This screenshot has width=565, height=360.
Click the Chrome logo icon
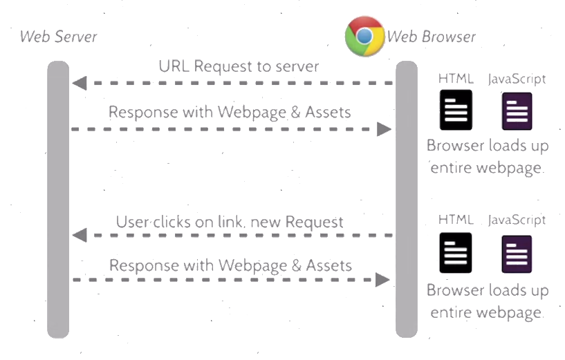pyautogui.click(x=364, y=36)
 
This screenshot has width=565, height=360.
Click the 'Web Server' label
pyautogui.click(x=58, y=37)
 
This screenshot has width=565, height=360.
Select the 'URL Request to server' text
pyautogui.click(x=239, y=66)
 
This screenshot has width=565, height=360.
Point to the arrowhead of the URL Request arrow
pyautogui.click(x=79, y=84)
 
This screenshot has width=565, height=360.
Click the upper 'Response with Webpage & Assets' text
pyautogui.click(x=230, y=111)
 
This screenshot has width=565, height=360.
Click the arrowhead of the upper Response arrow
pyautogui.click(x=384, y=129)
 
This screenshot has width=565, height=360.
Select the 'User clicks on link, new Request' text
pyautogui.click(x=230, y=222)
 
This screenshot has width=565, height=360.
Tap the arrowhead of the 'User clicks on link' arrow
pyautogui.click(x=79, y=236)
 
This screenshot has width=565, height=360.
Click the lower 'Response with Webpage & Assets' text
pyautogui.click(x=230, y=265)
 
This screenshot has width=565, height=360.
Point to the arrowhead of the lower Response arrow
pyautogui.click(x=383, y=280)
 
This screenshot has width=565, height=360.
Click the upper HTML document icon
pyautogui.click(x=456, y=111)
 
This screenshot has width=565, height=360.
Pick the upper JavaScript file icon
pyautogui.click(x=517, y=111)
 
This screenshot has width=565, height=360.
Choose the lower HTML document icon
pyautogui.click(x=456, y=253)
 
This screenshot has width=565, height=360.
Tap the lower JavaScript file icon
pyautogui.click(x=517, y=254)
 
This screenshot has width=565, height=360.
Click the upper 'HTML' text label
pyautogui.click(x=456, y=79)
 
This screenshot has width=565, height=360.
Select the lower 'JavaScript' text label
pyautogui.click(x=517, y=220)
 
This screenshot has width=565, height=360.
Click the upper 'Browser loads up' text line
pyautogui.click(x=487, y=146)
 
